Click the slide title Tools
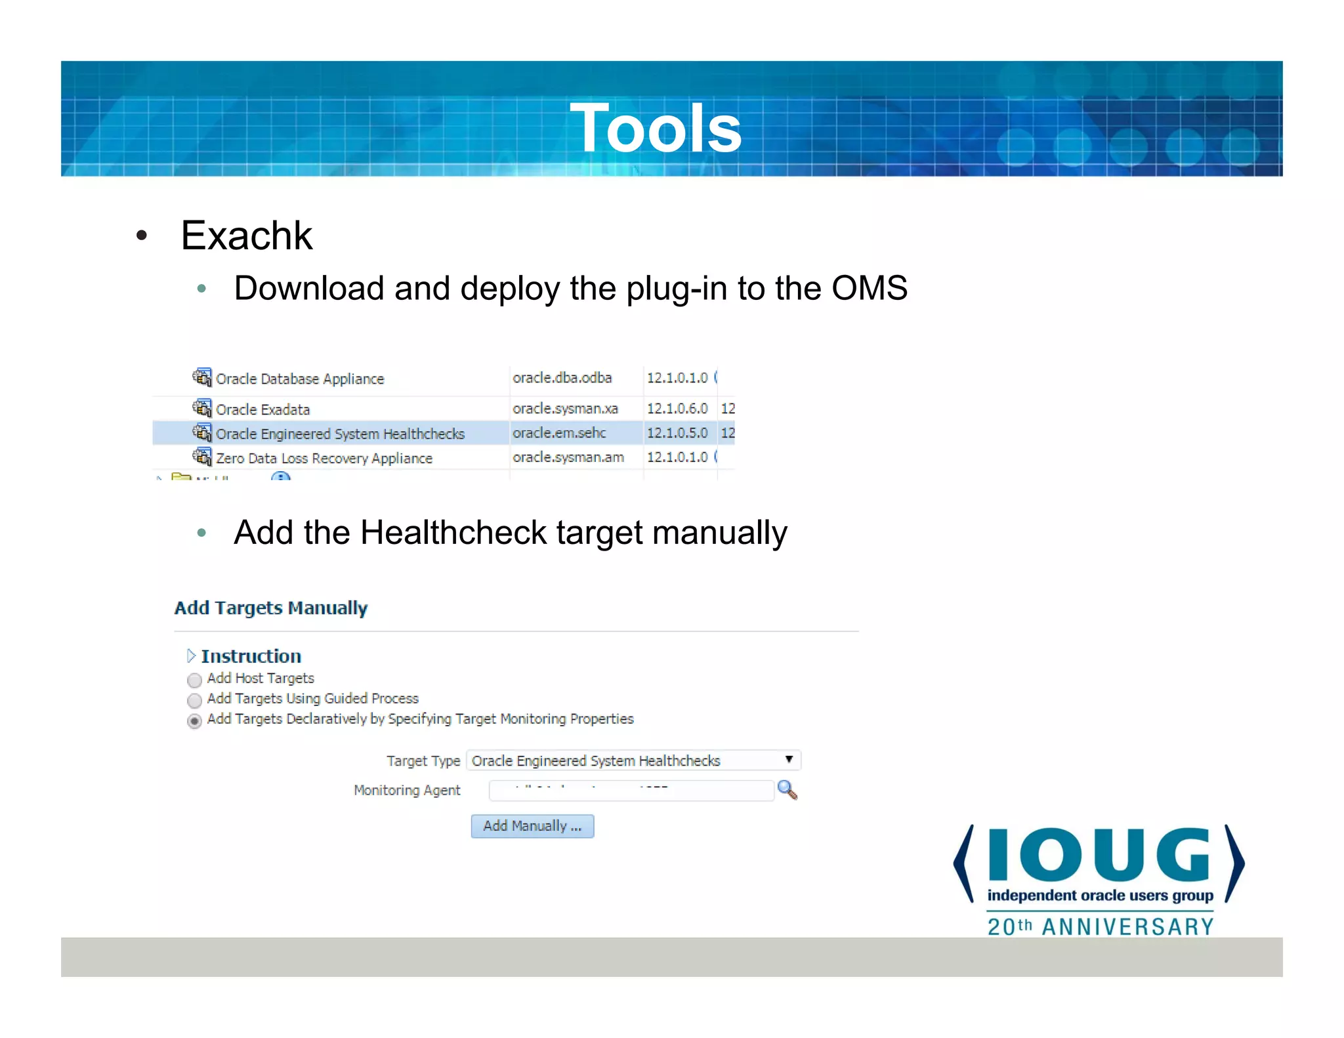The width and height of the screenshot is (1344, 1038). (x=655, y=128)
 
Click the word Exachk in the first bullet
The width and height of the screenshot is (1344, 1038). (x=246, y=236)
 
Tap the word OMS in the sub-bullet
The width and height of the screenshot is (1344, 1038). (x=870, y=288)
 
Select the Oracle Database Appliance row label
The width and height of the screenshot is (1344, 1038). (x=300, y=379)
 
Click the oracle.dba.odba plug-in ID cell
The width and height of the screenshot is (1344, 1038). (x=562, y=378)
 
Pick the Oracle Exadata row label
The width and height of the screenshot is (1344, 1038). (x=262, y=409)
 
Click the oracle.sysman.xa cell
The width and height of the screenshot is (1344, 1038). (x=565, y=409)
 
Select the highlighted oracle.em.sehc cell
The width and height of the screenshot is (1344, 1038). (x=559, y=433)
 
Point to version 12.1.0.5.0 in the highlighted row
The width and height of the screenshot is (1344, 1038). (x=677, y=433)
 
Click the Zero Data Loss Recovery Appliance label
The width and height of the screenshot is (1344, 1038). (x=324, y=458)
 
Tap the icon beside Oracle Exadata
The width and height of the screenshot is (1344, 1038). (x=202, y=408)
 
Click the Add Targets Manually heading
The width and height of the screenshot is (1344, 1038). (x=271, y=608)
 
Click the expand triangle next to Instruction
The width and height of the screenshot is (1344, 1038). (x=191, y=655)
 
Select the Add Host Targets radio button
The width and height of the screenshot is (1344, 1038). (x=194, y=680)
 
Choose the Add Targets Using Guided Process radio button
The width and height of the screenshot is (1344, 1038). (x=194, y=700)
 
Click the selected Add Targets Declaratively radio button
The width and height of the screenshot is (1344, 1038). (x=194, y=721)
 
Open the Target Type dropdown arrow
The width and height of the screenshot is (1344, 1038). (x=789, y=760)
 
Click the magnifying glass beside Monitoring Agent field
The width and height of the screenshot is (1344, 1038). (x=787, y=790)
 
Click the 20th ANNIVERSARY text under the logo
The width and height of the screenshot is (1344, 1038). (x=1101, y=926)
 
